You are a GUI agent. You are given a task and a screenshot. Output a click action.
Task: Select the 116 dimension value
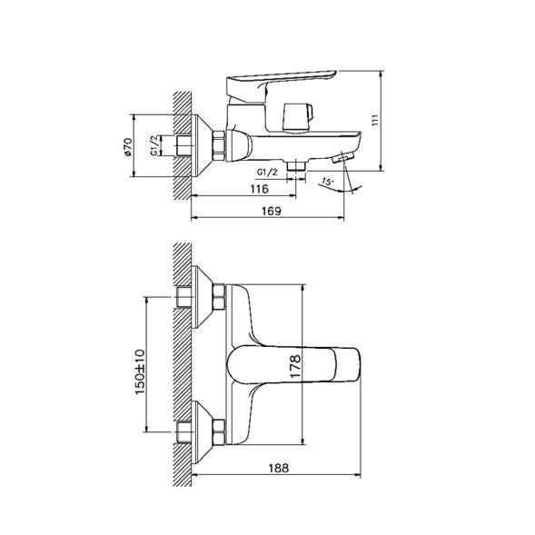tap(259, 191)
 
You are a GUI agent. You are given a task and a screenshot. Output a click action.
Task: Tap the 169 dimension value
tap(268, 212)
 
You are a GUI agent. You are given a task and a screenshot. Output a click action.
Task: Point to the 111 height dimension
tap(389, 119)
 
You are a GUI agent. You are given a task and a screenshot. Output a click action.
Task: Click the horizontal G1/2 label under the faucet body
tap(267, 172)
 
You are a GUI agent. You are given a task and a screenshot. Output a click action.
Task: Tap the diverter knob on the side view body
tap(298, 115)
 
